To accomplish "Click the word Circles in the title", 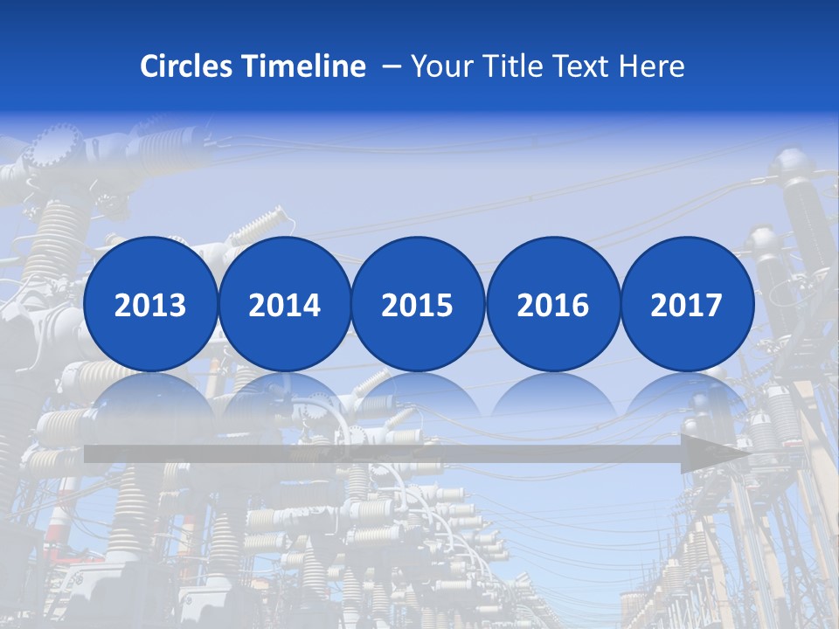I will tap(186, 66).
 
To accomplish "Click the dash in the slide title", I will tap(392, 66).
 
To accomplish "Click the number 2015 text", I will tap(418, 305).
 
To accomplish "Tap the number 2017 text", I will tap(687, 305).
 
